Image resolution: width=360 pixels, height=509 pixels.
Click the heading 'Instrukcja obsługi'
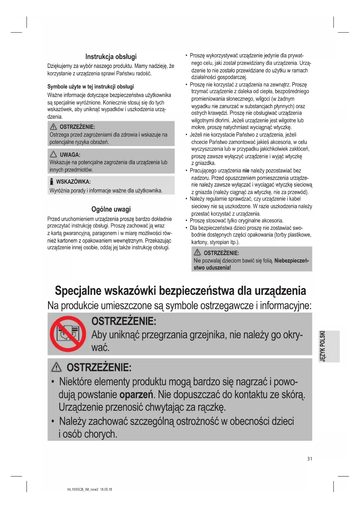[111, 57]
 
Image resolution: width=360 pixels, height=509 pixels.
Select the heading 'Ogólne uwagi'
[111, 209]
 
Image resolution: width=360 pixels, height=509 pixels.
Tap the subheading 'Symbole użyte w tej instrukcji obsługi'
[91, 86]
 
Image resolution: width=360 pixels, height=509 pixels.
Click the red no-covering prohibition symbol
[68, 334]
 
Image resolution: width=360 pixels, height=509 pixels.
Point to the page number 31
[310, 459]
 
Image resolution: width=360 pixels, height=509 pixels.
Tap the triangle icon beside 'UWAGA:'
[53, 154]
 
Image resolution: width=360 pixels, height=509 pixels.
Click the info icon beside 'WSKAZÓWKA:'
[52, 182]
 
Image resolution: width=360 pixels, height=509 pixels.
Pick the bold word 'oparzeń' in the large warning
[136, 395]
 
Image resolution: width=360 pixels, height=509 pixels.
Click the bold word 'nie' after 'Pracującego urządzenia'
[246, 171]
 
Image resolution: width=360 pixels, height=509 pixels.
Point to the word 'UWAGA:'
[70, 155]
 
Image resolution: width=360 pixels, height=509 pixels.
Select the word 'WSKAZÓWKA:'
[73, 182]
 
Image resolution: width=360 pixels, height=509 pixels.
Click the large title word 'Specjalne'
[78, 291]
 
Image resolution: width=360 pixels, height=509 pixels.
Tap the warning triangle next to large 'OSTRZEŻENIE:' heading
[56, 368]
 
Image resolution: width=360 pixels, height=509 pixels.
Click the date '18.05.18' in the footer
[106, 490]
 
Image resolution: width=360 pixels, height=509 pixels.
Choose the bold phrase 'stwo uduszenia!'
[212, 268]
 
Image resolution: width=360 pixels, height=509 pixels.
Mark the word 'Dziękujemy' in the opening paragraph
[59, 66]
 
